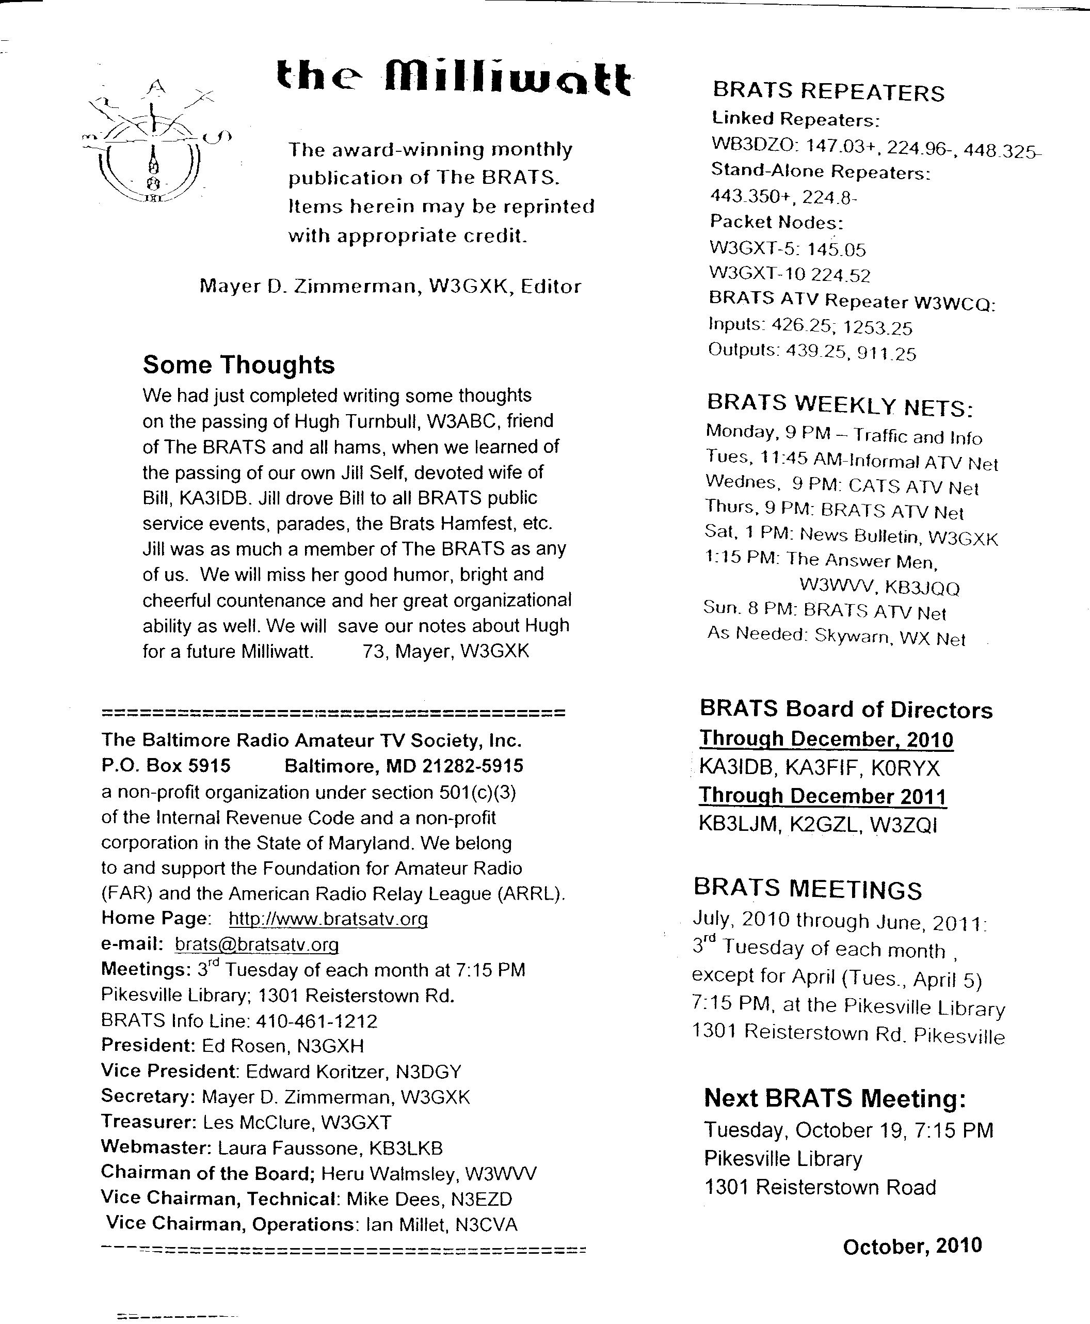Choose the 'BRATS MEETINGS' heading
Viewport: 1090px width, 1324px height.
coord(808,889)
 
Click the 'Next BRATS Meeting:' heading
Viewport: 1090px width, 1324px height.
coord(835,1098)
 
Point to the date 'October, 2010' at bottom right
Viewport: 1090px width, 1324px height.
coord(911,1246)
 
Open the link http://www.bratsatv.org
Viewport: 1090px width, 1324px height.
coord(328,919)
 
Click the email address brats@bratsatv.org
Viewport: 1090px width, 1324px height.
coord(257,944)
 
